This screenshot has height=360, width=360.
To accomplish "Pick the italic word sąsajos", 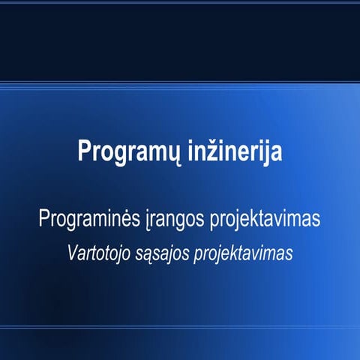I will (163, 253).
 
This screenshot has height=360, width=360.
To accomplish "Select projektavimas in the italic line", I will (242, 253).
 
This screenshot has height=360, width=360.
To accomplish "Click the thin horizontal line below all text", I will (180, 327).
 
